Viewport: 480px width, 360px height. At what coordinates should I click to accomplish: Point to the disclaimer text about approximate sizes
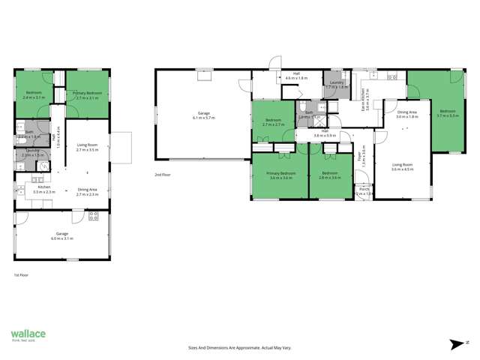240,347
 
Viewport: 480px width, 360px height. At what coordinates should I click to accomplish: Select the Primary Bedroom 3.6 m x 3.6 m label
277,176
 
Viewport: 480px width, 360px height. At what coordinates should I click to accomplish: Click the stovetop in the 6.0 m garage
94,217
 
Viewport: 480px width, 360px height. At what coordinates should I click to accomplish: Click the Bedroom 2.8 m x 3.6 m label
330,176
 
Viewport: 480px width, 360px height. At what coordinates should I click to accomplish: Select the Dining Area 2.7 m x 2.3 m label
88,190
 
